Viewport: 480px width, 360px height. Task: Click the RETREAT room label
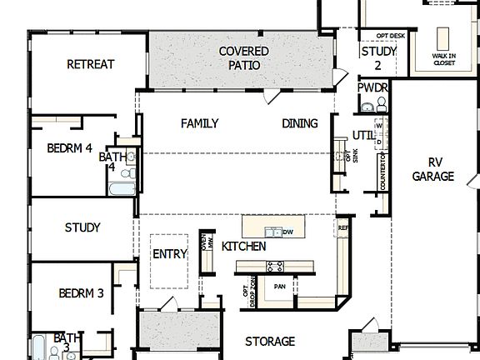click(90, 64)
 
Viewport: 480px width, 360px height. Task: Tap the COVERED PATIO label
click(243, 57)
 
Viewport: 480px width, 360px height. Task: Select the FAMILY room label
click(199, 123)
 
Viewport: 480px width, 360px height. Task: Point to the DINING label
click(299, 123)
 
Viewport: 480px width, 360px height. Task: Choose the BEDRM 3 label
click(81, 292)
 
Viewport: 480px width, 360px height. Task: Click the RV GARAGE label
click(433, 169)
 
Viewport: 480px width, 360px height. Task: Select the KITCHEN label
click(243, 247)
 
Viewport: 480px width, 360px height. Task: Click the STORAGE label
click(270, 341)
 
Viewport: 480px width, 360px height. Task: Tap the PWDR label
click(372, 87)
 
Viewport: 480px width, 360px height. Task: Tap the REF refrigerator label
click(342, 227)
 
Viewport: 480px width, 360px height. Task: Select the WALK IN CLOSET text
click(442, 58)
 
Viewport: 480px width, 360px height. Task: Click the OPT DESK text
click(390, 36)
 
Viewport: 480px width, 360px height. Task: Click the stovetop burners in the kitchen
click(274, 267)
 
